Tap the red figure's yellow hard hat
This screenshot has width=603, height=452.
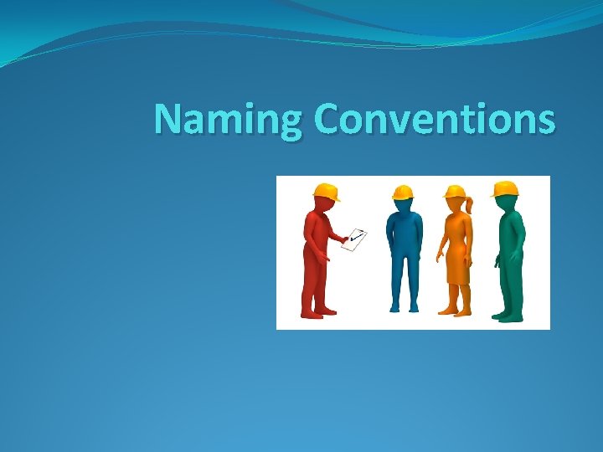click(326, 191)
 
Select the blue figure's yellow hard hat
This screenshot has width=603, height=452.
click(404, 193)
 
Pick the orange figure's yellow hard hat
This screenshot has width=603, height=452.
click(455, 192)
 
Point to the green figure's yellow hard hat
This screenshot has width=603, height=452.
click(504, 188)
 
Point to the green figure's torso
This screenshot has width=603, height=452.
click(510, 239)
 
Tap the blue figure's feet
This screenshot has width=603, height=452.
click(403, 308)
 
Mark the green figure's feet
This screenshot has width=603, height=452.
click(508, 316)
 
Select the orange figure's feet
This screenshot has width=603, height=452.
click(456, 311)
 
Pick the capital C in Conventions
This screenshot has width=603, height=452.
click(327, 119)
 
